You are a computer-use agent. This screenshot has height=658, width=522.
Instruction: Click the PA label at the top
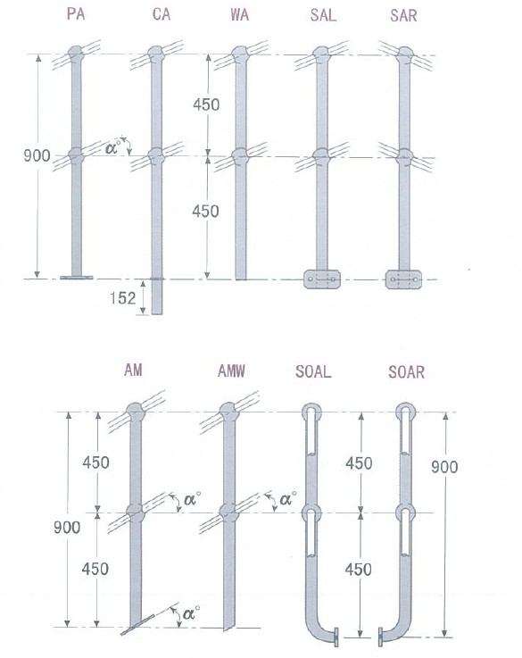click(x=76, y=14)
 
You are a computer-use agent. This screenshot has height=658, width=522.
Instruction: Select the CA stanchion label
click(x=162, y=14)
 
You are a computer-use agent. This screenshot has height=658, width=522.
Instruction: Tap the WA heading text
click(x=239, y=15)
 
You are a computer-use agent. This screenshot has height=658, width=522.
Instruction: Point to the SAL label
click(x=323, y=15)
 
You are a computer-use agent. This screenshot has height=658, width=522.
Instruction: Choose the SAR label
click(x=403, y=15)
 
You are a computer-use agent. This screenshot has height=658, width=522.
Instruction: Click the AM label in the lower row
click(x=133, y=370)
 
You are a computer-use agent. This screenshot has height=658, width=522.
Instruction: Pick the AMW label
click(x=231, y=371)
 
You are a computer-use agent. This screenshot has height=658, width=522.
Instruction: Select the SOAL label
click(x=313, y=371)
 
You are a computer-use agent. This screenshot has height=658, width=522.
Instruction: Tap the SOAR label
click(x=406, y=371)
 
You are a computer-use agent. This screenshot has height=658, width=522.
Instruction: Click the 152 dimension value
click(x=123, y=298)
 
